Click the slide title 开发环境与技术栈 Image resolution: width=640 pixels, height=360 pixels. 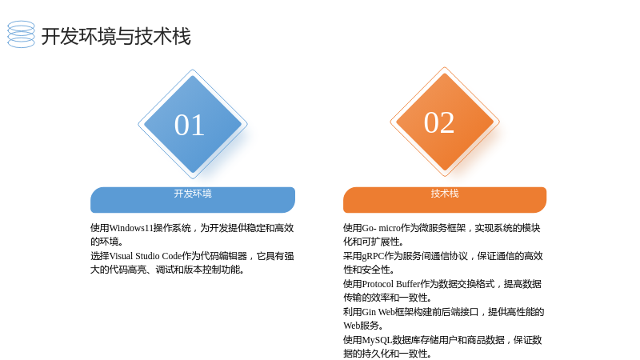[x=116, y=36]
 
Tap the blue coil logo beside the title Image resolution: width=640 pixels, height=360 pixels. [x=22, y=34]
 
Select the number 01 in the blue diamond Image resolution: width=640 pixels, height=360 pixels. [x=190, y=125]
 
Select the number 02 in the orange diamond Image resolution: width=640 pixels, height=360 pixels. [x=439, y=122]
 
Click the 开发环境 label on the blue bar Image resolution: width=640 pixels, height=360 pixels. [x=193, y=194]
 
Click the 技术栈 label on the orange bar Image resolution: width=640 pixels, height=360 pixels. [x=445, y=194]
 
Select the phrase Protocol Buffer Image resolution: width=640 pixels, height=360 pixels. [x=391, y=284]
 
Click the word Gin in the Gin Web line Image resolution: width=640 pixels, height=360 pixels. [x=369, y=312]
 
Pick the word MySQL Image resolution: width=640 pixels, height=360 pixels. [x=377, y=341]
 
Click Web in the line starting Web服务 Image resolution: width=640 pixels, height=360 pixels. [x=351, y=326]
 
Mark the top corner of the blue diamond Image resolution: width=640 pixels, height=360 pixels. [x=193, y=70]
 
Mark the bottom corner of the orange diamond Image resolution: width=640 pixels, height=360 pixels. [x=445, y=176]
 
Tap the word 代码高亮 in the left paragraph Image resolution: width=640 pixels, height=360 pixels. [x=128, y=270]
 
